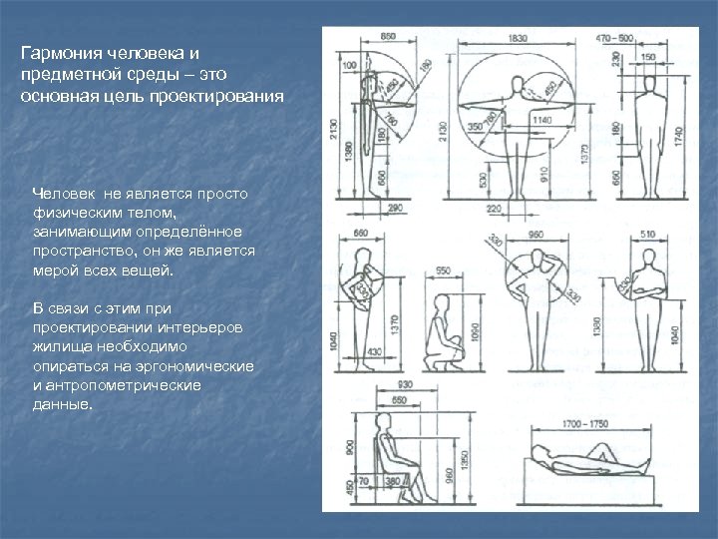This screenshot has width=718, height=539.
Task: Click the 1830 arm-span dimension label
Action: [x=518, y=37]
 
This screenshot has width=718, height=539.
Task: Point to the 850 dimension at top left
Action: [x=388, y=37]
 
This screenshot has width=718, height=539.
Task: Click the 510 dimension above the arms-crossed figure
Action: [x=647, y=236]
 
